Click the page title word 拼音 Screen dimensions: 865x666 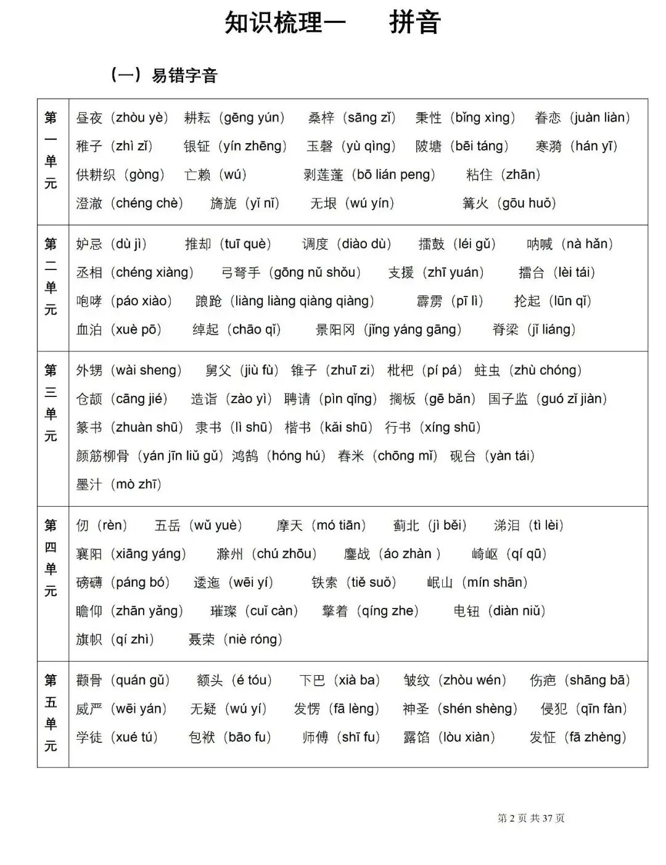(414, 23)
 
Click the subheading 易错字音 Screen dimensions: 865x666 (184, 76)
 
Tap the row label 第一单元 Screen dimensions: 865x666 (51, 150)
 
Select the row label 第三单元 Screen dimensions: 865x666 (51, 403)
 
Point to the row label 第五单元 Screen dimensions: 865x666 (51, 713)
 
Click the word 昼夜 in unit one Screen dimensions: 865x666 (89, 118)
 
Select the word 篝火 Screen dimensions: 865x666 (475, 203)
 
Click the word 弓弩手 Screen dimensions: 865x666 (241, 273)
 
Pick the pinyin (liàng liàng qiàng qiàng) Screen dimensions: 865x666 (302, 301)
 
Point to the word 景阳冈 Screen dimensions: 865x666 (335, 330)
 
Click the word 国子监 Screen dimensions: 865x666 (508, 399)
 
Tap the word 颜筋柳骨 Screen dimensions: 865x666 (102, 456)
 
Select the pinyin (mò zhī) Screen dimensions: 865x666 (136, 485)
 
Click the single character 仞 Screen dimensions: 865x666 (82, 526)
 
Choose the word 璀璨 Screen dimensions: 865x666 (223, 611)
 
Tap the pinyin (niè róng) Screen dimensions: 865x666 (252, 639)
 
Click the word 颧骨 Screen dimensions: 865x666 (89, 681)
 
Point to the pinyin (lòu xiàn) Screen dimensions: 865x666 (467, 737)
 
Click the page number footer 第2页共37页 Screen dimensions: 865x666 (530, 818)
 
